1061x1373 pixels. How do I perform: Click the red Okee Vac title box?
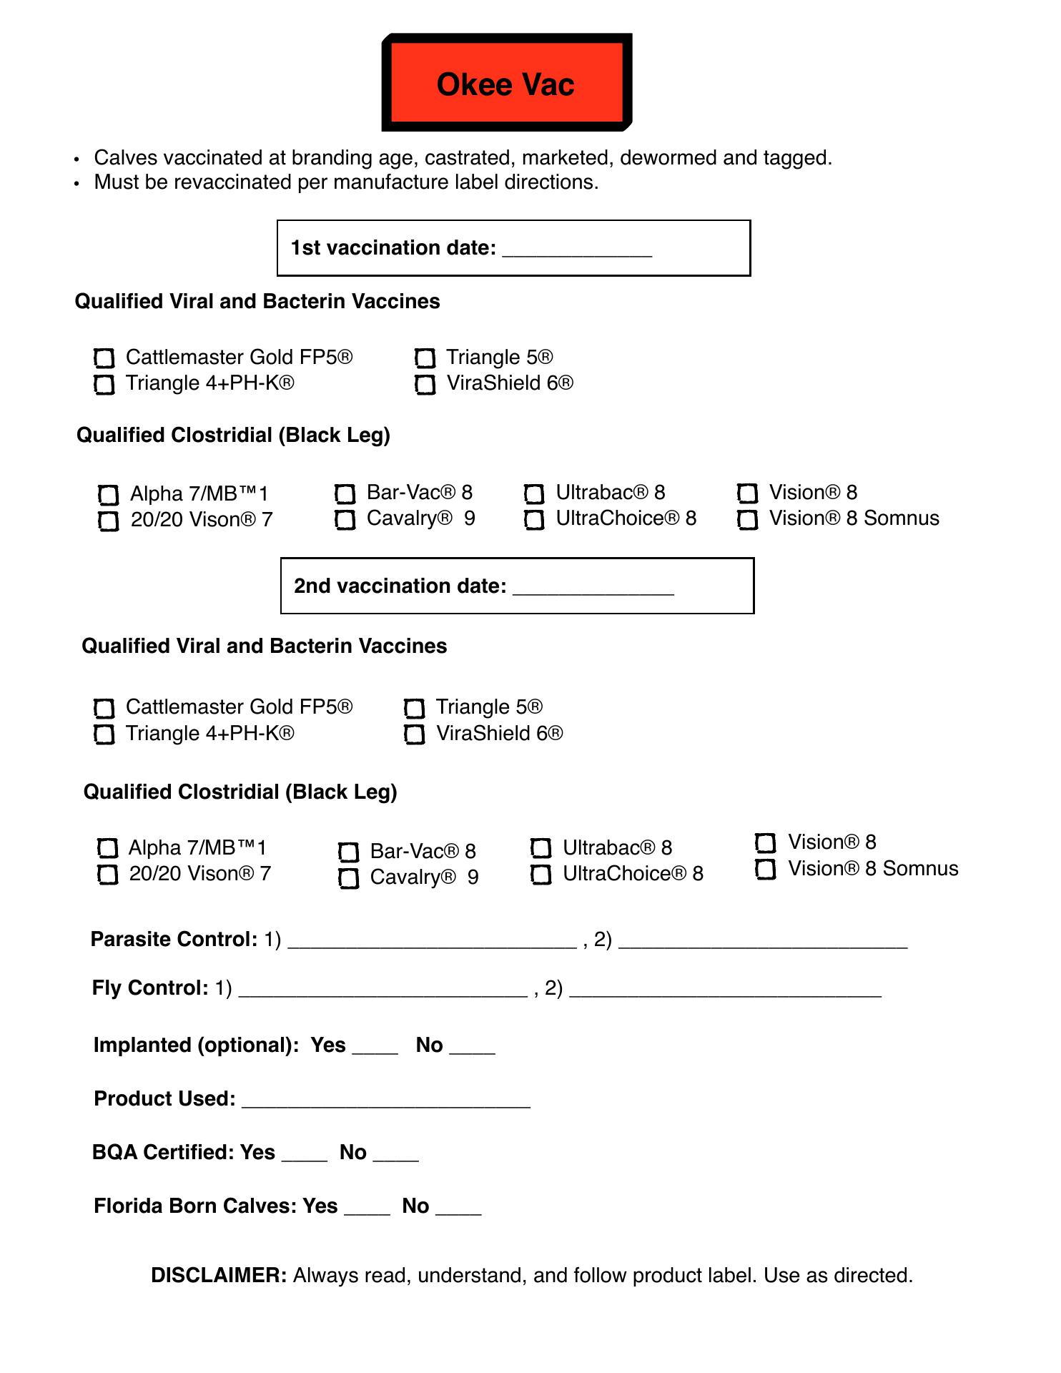[506, 83]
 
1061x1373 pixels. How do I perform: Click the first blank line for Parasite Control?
[432, 943]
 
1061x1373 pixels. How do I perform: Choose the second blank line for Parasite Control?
[763, 943]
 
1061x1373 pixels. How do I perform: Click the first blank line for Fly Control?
[383, 991]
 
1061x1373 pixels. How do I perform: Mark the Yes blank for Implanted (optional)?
[375, 1048]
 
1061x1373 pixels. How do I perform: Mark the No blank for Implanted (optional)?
[472, 1048]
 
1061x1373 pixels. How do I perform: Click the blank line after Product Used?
[386, 1102]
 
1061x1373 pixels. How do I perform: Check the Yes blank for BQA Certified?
[305, 1156]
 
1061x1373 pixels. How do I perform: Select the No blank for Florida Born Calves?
[458, 1209]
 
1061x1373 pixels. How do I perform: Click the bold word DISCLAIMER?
[219, 1276]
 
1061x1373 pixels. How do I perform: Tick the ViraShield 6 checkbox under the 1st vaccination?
[425, 385]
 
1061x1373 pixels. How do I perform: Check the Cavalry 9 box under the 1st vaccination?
[345, 520]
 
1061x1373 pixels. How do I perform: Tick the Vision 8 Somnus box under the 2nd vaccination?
[766, 870]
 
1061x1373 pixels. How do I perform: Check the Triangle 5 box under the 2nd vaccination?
[415, 709]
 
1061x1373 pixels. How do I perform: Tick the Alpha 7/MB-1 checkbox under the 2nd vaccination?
[107, 848]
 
